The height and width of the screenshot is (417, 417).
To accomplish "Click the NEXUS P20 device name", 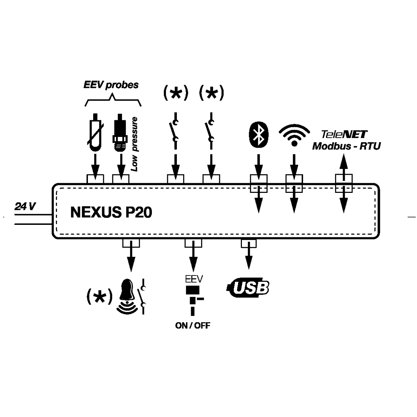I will tap(111, 212).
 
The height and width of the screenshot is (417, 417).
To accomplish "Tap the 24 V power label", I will tap(25, 206).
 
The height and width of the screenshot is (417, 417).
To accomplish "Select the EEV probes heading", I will tap(111, 84).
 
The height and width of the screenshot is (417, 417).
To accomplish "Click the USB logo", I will tap(248, 287).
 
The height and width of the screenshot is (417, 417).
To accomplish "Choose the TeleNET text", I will tap(344, 134).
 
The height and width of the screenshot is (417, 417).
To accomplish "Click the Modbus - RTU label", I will tap(346, 146).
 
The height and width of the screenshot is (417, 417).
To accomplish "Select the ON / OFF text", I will tap(193, 326).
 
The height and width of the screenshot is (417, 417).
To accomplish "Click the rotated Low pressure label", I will tap(135, 144).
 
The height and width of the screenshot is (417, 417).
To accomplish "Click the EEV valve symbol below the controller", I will tap(193, 299).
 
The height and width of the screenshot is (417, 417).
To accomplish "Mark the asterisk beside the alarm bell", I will tap(99, 296).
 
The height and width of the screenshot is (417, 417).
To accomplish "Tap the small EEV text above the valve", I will tap(193, 279).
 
